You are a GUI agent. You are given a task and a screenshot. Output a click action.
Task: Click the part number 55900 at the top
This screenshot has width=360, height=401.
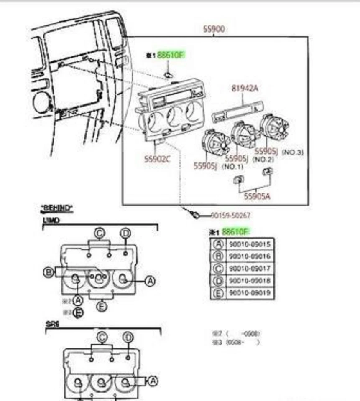pos(214,29)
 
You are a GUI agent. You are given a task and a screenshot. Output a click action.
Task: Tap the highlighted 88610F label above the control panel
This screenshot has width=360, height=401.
pos(170,55)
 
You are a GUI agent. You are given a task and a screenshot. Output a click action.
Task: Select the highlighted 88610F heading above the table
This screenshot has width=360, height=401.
pos(235,231)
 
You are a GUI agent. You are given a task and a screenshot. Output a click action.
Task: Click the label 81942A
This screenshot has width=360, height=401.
pos(245,88)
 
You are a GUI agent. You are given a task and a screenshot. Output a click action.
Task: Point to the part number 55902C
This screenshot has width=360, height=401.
pos(157,159)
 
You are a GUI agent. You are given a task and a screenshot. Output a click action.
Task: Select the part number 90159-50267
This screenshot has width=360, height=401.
pos(230,216)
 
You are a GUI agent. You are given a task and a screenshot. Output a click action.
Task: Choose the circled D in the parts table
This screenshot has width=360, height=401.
pos(218,281)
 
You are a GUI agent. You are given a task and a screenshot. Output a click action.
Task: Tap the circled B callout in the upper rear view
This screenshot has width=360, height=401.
pos(49,273)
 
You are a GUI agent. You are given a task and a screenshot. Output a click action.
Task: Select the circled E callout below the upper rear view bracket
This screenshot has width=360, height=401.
pos(102,307)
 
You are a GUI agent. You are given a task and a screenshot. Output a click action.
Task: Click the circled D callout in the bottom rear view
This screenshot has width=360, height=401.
pos(128,338)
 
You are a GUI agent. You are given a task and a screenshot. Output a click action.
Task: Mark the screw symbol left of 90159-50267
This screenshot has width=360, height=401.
pos(194,215)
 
